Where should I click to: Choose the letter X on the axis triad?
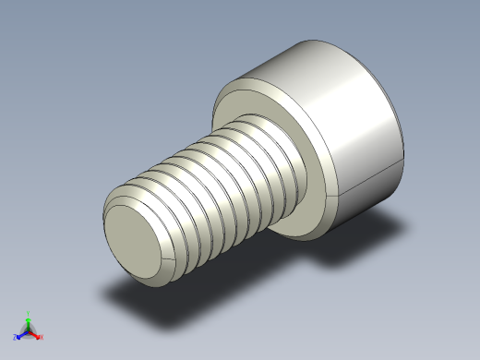(x=42, y=337)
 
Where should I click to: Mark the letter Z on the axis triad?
(x=16, y=338)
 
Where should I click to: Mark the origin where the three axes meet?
(x=28, y=329)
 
